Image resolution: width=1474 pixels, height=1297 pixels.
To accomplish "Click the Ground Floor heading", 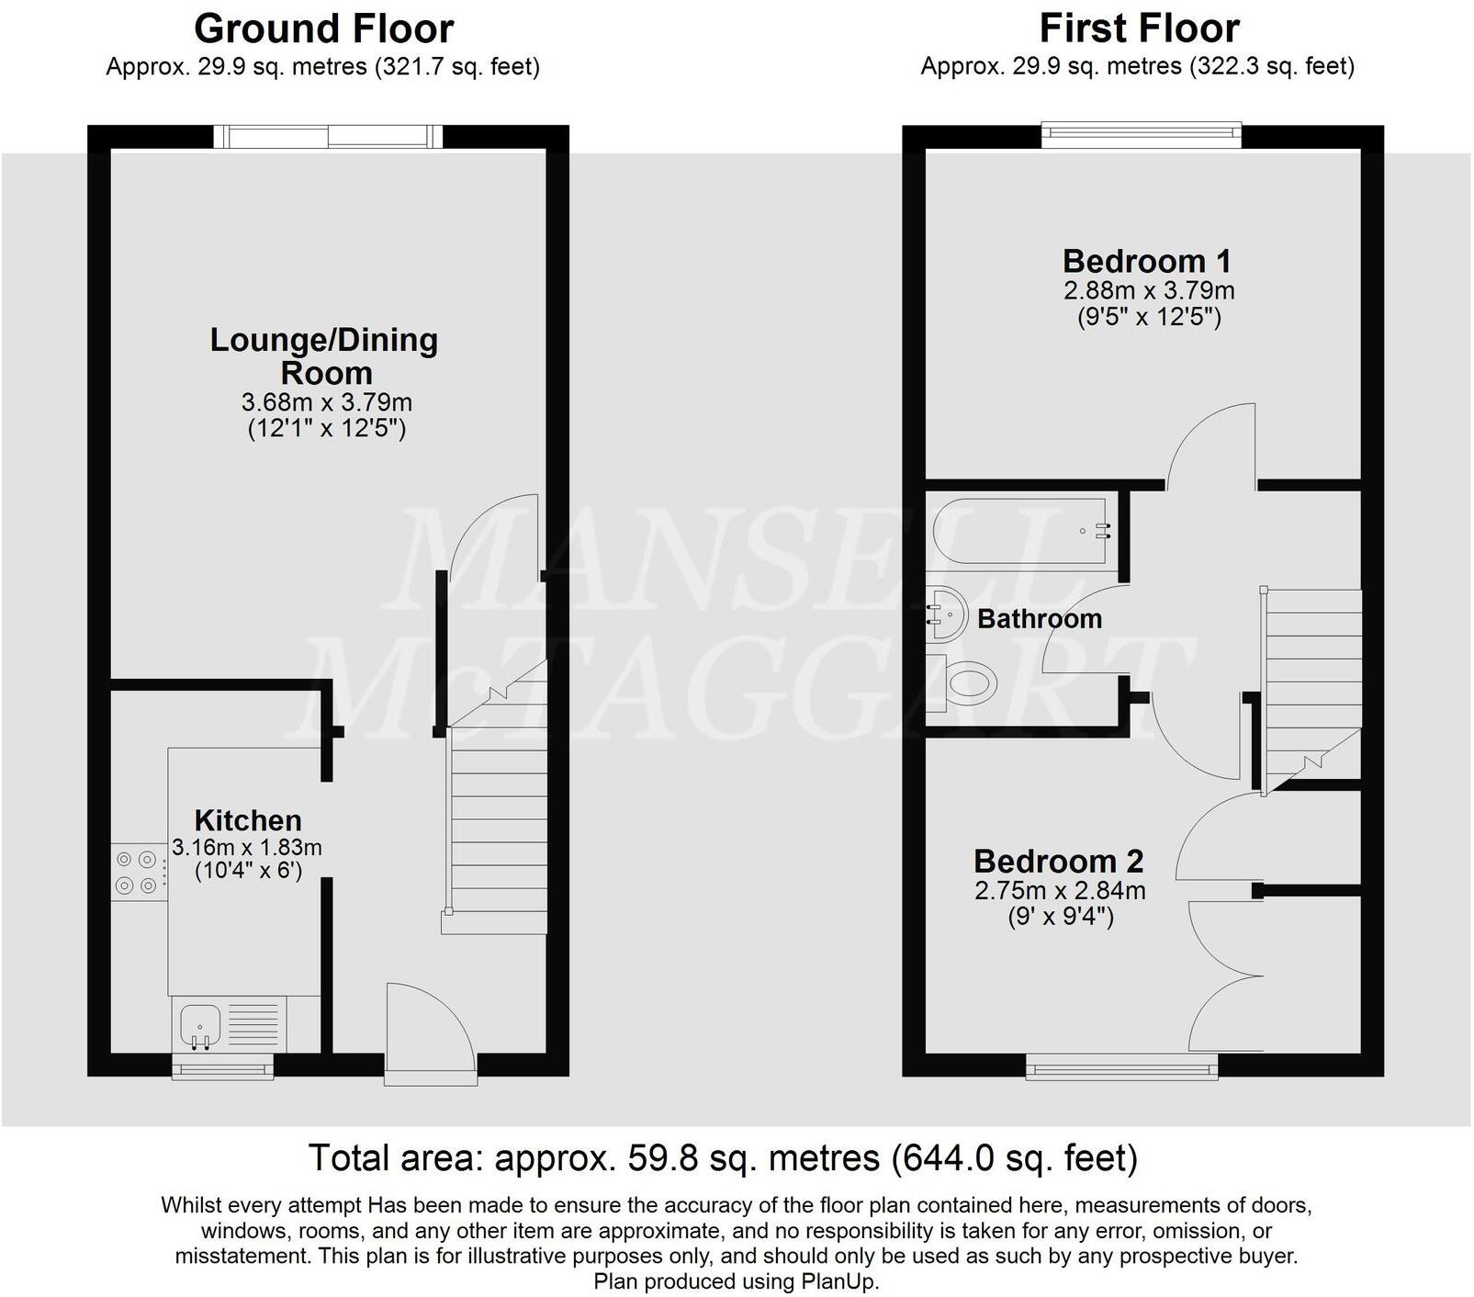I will [323, 29].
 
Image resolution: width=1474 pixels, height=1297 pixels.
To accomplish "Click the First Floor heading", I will [1139, 29].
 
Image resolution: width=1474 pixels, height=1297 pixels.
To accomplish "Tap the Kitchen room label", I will [248, 820].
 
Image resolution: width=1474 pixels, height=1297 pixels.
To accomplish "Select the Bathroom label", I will [1040, 619].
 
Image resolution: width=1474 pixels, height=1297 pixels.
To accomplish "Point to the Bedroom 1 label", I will [1147, 262].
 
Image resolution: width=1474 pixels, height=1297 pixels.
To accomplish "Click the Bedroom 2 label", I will [1059, 862].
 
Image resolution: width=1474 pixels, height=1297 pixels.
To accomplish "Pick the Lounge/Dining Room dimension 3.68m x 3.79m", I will [326, 402].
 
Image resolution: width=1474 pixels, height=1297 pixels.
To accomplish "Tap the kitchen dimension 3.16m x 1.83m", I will [247, 847].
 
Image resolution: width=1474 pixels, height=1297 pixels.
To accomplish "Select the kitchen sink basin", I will [199, 1024].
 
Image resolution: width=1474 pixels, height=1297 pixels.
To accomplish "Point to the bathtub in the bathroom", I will [1019, 530].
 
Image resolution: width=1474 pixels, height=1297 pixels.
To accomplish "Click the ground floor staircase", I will [496, 818].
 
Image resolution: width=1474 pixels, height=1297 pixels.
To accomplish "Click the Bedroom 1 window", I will [1142, 136].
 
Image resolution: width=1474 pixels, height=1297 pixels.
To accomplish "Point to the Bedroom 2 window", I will [1121, 1066].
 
